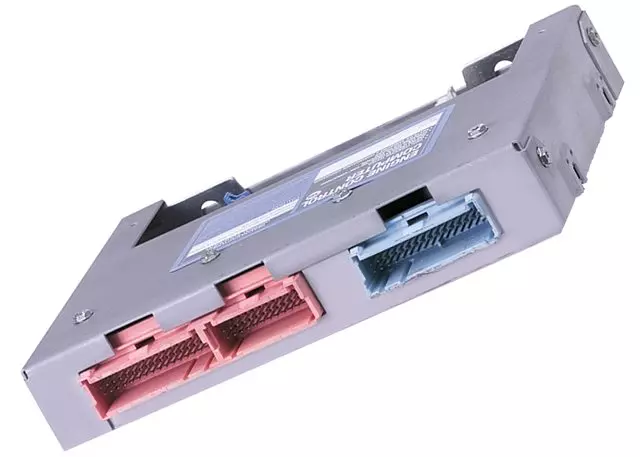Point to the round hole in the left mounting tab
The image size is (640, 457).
pos(211,208)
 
